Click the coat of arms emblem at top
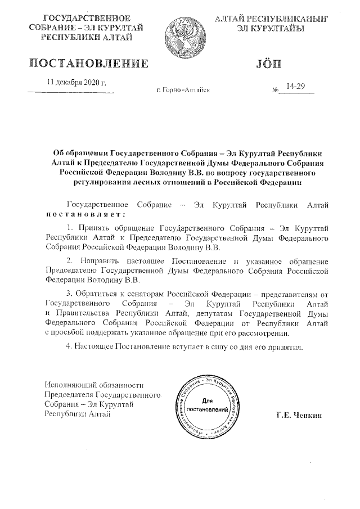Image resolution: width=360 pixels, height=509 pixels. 180,32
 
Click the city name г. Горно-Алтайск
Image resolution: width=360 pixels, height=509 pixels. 183,90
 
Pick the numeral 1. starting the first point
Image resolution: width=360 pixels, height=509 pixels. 70,227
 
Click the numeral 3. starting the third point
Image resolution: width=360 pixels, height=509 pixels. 70,294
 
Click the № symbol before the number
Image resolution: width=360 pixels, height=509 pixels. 276,90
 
